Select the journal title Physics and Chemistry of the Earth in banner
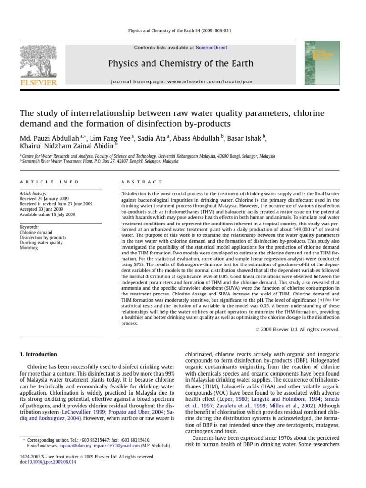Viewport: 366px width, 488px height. point(181,64)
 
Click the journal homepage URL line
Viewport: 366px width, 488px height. point(181,81)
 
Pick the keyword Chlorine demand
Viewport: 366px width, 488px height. point(36,232)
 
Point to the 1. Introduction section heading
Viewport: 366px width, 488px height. point(38,355)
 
